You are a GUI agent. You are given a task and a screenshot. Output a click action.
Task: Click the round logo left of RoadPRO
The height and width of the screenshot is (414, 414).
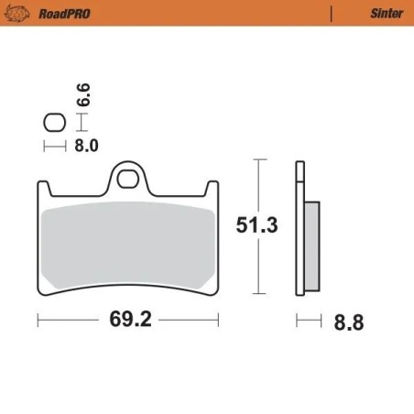[x=22, y=14]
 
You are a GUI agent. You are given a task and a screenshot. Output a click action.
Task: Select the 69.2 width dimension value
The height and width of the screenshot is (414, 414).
[x=129, y=321]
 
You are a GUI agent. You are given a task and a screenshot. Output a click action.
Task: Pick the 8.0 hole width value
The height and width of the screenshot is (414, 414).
[x=85, y=144]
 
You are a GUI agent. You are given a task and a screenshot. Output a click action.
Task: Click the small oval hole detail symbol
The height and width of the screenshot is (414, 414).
[x=54, y=123]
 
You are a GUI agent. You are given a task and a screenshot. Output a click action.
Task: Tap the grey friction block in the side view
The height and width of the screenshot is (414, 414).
[x=311, y=244]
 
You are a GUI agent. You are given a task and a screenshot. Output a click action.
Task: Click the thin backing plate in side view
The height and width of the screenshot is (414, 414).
[x=299, y=229]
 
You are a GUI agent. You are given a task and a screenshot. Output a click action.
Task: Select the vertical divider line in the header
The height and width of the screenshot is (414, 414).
[x=330, y=14]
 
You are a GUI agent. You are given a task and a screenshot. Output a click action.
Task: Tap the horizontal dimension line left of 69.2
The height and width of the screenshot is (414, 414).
[x=70, y=321]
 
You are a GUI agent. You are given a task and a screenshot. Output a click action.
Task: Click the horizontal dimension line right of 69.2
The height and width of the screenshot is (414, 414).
[x=188, y=321]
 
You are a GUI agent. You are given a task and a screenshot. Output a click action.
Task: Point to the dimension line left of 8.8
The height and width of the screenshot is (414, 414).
[x=309, y=321]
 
